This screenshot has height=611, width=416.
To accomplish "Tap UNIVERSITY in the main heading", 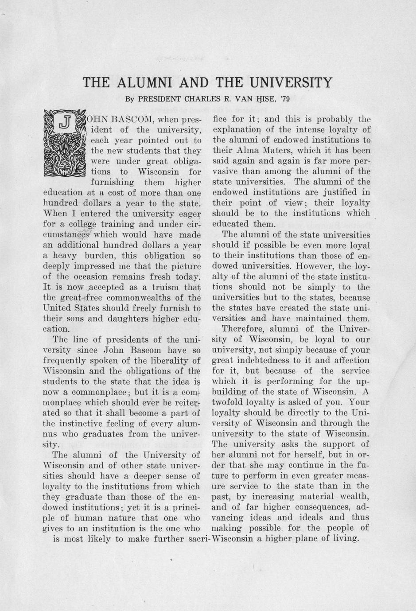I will click(x=288, y=82).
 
